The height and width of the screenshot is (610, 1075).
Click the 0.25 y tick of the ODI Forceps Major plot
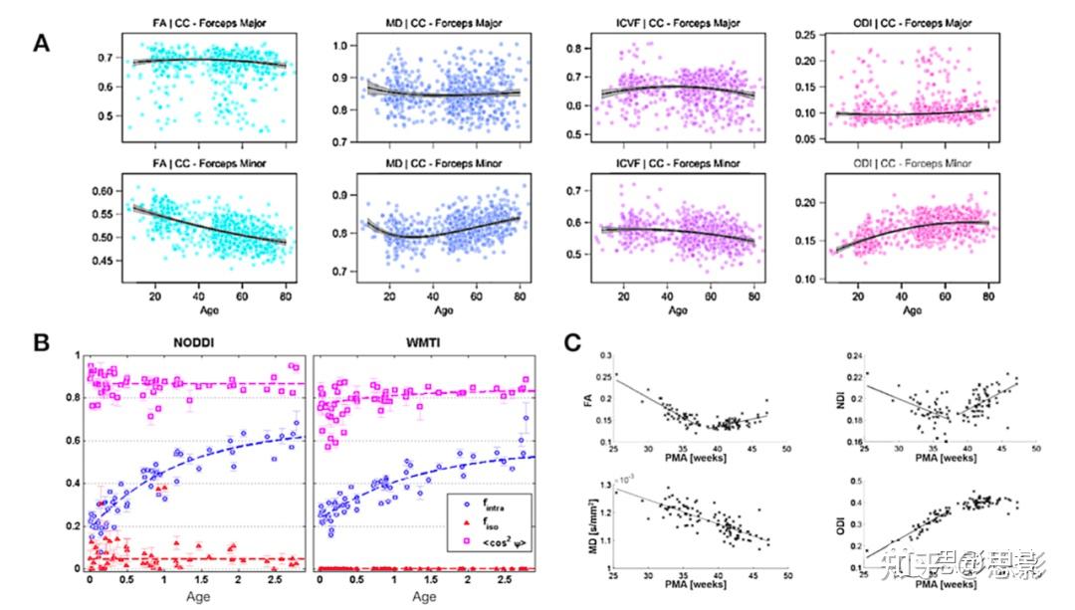pos(805,36)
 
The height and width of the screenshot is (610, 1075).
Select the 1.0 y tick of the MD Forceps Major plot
pos(344,46)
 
